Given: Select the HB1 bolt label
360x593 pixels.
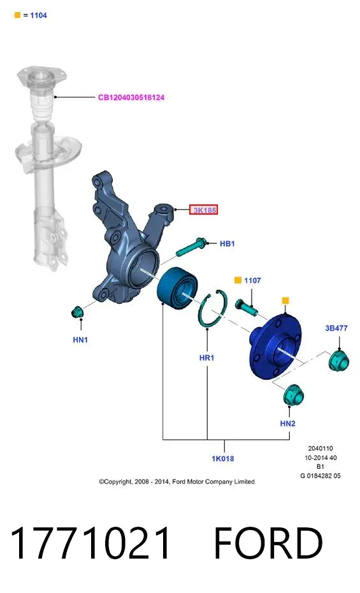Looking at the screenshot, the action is click(227, 243).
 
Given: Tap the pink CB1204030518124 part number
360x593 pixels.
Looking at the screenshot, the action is click(131, 97).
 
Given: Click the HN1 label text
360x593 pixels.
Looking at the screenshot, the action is click(80, 339).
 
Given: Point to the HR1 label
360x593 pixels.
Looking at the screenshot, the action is click(207, 357).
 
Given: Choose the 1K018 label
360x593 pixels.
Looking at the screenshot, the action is click(223, 459).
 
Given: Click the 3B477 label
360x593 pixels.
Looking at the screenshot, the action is click(336, 328).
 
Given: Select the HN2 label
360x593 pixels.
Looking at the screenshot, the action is click(288, 423).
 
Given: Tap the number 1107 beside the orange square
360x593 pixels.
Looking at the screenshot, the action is click(252, 280).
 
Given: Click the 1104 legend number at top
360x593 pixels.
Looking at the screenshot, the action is click(38, 15).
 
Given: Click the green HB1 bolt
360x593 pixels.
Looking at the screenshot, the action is click(191, 247).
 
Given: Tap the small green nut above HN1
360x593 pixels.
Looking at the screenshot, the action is click(78, 312).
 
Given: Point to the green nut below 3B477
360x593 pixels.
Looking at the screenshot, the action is click(339, 361).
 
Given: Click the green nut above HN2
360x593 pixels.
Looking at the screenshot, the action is click(294, 395).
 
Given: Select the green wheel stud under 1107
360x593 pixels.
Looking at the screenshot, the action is click(246, 307).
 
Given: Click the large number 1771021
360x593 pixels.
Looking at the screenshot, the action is click(90, 543).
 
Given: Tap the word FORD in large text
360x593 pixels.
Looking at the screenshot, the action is click(268, 543).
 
